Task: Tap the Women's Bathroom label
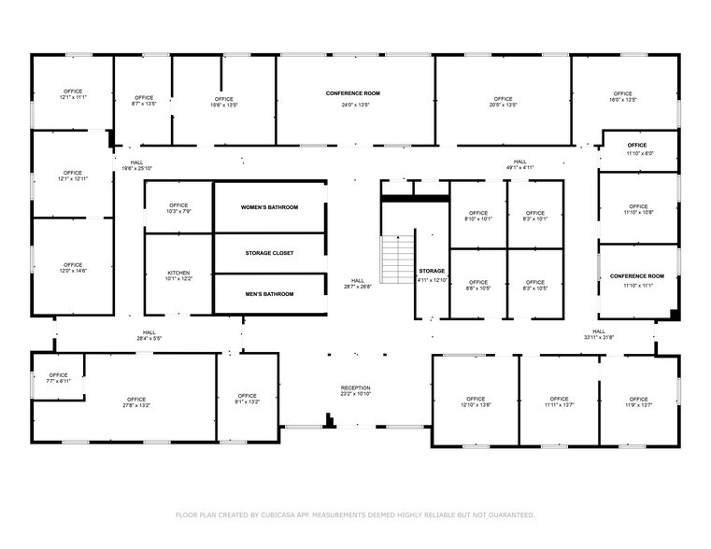click(x=269, y=207)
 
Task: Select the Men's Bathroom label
click(x=269, y=294)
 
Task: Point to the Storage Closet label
click(x=269, y=253)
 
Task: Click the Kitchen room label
click(x=178, y=274)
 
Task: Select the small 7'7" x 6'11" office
click(x=58, y=378)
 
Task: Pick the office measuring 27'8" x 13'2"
click(x=136, y=402)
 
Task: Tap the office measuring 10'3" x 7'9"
click(x=178, y=208)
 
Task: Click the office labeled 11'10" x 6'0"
click(x=637, y=149)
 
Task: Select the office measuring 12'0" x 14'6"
click(x=73, y=268)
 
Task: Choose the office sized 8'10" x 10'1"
click(x=477, y=217)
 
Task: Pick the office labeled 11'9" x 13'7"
click(x=638, y=402)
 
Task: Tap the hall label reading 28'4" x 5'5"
click(x=149, y=335)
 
